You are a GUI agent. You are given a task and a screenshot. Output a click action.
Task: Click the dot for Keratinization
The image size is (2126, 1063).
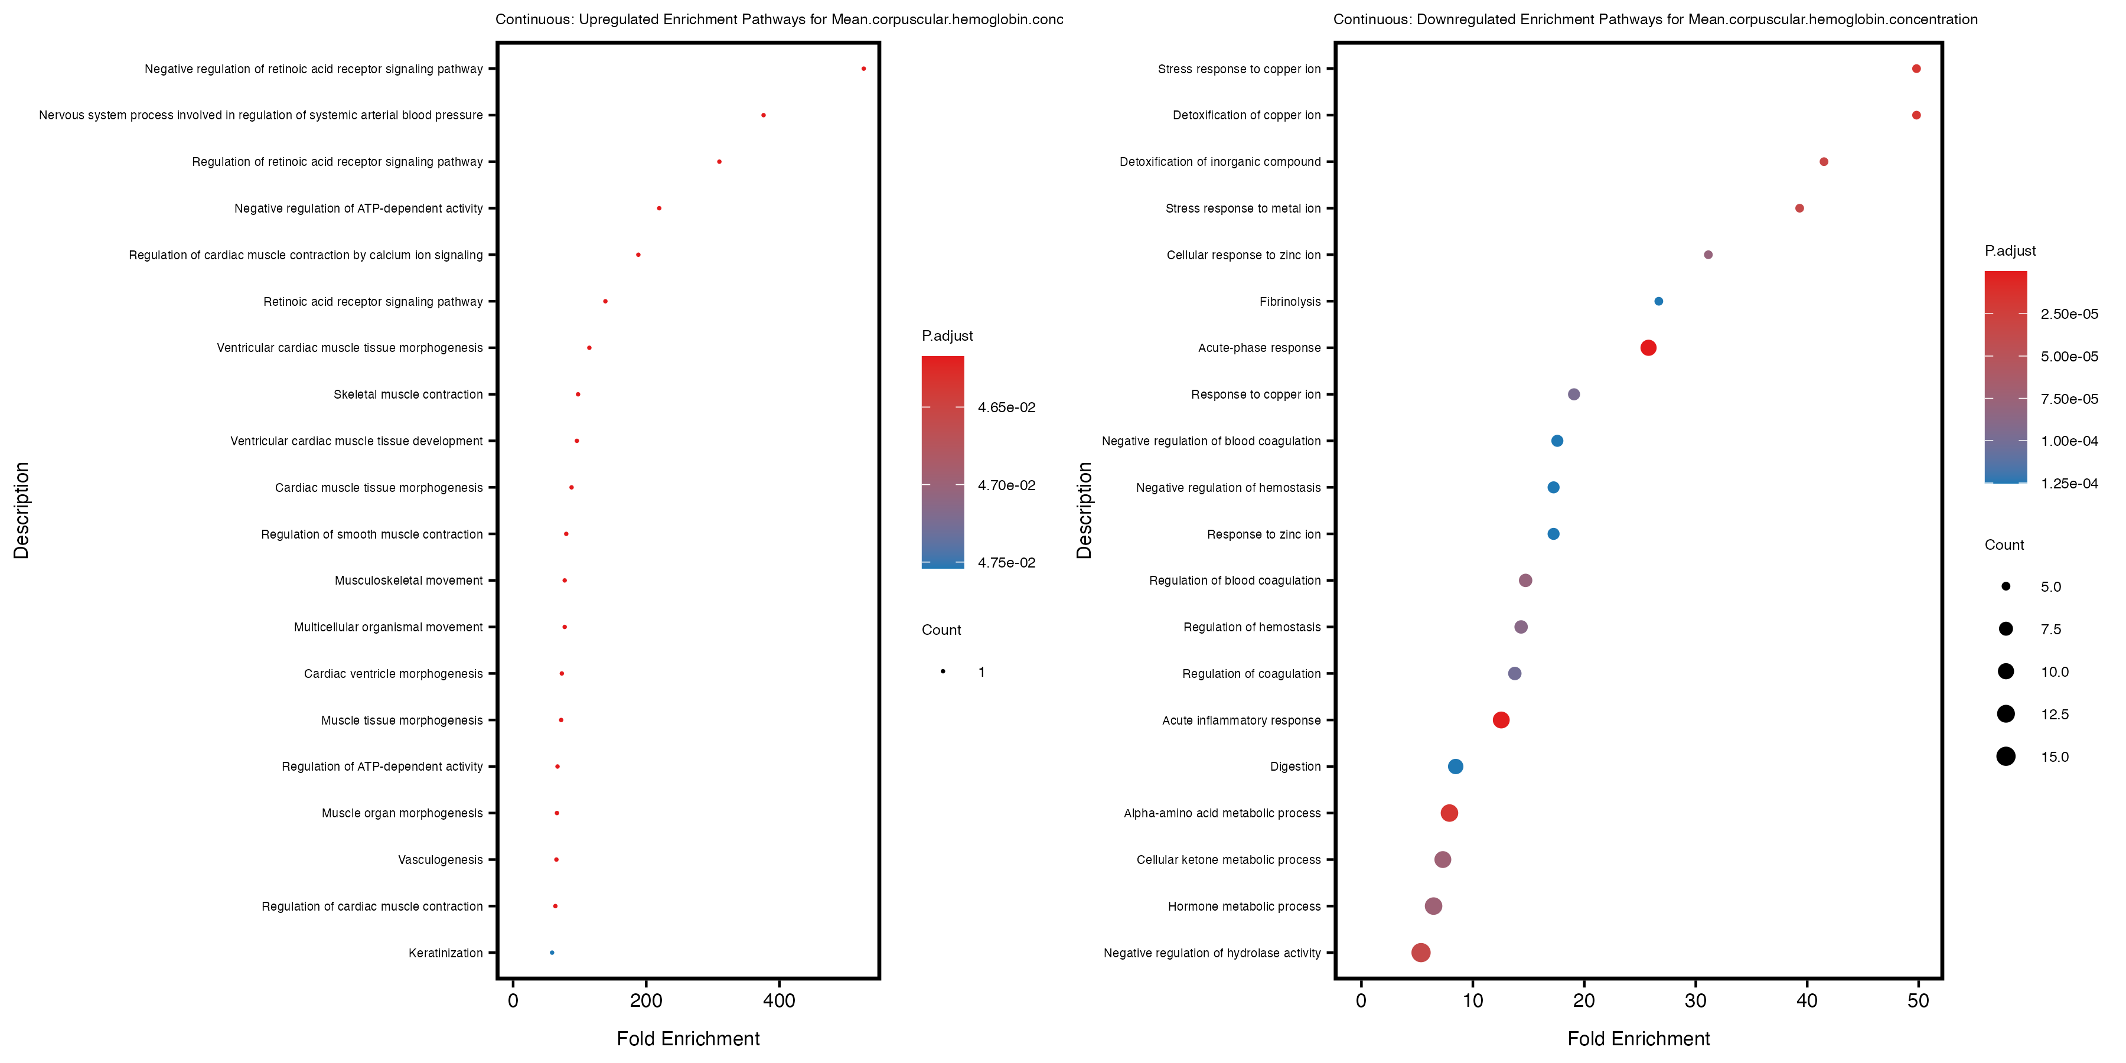(552, 953)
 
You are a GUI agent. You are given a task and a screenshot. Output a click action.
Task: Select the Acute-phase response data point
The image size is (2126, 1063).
(1648, 347)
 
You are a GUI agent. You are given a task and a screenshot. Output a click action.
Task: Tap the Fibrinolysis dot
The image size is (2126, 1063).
(1659, 301)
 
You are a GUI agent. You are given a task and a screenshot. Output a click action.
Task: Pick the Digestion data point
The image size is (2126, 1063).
(1456, 767)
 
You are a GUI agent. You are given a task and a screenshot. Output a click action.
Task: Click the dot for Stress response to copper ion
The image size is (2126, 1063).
(1916, 69)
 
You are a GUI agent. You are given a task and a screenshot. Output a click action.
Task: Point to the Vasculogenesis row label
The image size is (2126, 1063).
(440, 860)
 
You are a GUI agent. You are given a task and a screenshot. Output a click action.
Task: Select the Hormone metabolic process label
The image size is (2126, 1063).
(1244, 906)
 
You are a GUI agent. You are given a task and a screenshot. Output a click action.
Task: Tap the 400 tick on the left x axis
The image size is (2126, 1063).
(779, 1001)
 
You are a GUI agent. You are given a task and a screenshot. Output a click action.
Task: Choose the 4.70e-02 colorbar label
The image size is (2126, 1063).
(1006, 485)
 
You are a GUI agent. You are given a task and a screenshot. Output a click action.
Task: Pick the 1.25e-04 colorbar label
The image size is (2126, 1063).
(2069, 484)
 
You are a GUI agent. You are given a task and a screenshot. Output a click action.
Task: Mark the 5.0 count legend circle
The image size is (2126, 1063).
(2006, 587)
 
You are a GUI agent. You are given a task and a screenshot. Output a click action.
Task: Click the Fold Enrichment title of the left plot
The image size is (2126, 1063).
(689, 1038)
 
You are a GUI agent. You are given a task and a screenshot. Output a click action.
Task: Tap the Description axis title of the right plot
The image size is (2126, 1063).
(1084, 510)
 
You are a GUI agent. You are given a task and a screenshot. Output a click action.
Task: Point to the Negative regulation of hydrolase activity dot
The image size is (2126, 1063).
(1420, 953)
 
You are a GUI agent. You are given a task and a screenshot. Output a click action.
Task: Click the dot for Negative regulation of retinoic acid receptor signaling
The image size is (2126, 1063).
(863, 69)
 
